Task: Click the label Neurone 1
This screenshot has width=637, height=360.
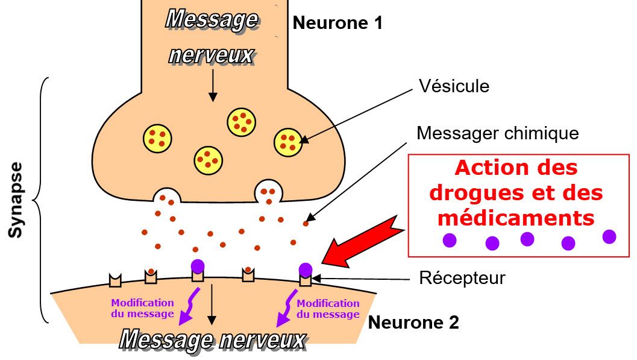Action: (337, 24)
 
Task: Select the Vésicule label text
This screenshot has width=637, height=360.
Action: (454, 86)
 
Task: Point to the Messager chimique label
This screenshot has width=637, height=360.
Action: (497, 133)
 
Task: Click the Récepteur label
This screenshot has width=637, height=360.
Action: (462, 278)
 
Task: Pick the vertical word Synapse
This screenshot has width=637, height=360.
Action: (16, 199)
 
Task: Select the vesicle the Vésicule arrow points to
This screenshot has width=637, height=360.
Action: (288, 142)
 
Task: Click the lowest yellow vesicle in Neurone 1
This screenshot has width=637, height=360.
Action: (208, 160)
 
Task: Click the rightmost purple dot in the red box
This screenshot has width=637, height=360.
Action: (609, 236)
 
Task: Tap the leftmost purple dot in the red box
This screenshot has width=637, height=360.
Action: (449, 240)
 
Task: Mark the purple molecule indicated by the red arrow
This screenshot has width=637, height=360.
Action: (306, 269)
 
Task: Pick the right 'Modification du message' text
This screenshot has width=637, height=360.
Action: (328, 309)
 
